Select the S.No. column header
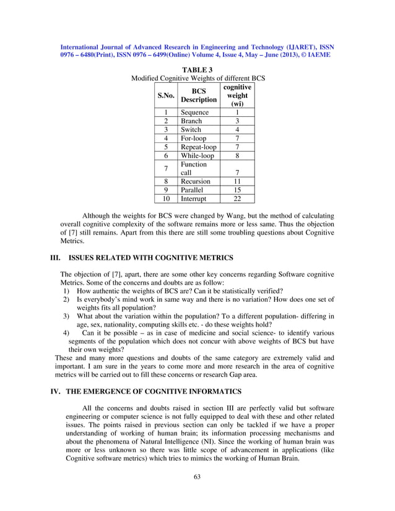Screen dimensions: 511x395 pos(165,96)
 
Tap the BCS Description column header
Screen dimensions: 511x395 pos(198,95)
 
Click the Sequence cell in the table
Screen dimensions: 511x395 pos(195,113)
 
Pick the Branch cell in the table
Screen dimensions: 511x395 pos(191,121)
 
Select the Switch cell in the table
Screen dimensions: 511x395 pos(191,130)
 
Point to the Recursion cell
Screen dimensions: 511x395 pos(196,182)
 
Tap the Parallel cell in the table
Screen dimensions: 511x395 pos(193,191)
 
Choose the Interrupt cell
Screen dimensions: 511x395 pos(194,199)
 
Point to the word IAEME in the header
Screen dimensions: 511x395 pos(319,54)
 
